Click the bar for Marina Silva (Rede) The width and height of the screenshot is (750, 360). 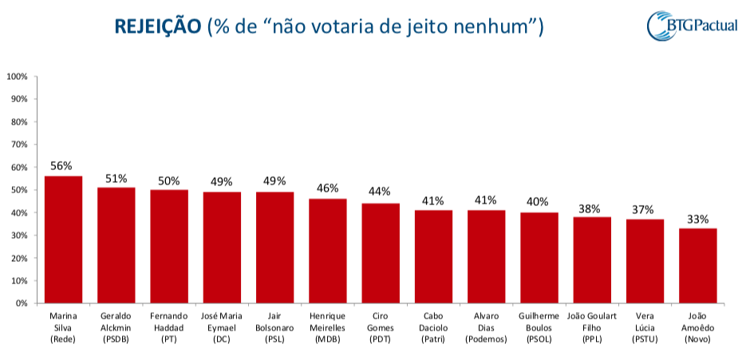(x=63, y=239)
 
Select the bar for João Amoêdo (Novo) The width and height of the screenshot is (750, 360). (x=698, y=266)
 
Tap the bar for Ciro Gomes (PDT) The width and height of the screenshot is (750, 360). (x=381, y=253)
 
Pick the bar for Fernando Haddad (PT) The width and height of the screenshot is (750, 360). (x=169, y=247)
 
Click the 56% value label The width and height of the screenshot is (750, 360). (x=61, y=166)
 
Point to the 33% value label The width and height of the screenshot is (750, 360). (x=698, y=219)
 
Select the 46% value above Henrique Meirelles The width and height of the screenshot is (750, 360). (x=327, y=189)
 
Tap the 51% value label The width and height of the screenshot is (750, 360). (x=116, y=178)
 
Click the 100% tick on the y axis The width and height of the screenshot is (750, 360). (x=17, y=77)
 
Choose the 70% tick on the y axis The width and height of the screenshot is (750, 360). (x=18, y=144)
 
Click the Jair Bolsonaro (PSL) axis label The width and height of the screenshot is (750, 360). (x=274, y=327)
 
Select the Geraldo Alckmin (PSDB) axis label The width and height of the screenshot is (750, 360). (x=116, y=327)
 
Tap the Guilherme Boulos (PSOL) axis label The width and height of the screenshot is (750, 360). (x=539, y=327)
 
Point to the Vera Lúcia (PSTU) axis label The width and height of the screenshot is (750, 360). (x=645, y=327)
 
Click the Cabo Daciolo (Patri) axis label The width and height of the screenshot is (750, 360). (x=433, y=327)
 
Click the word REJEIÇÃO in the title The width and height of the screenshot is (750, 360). (x=158, y=27)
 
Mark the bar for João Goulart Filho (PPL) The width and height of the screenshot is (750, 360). (x=592, y=260)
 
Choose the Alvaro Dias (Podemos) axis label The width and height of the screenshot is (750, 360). (x=486, y=327)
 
